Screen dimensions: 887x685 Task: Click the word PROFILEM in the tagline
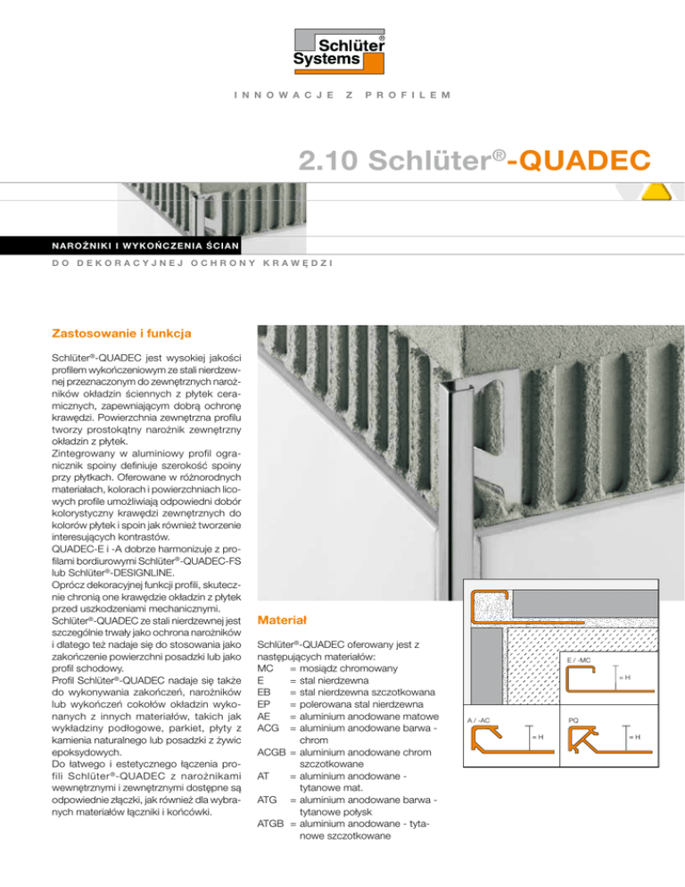click(x=408, y=94)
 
